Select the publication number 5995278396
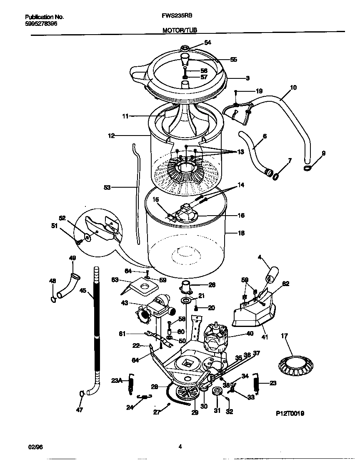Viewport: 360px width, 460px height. (x=41, y=24)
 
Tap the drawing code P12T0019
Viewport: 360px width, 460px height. (x=290, y=413)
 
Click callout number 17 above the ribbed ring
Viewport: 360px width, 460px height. (x=285, y=335)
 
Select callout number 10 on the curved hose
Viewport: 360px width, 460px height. (x=293, y=88)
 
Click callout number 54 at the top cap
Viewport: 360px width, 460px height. (x=207, y=43)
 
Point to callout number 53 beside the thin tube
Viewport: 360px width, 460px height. (x=107, y=188)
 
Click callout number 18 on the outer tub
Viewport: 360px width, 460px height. (x=241, y=233)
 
